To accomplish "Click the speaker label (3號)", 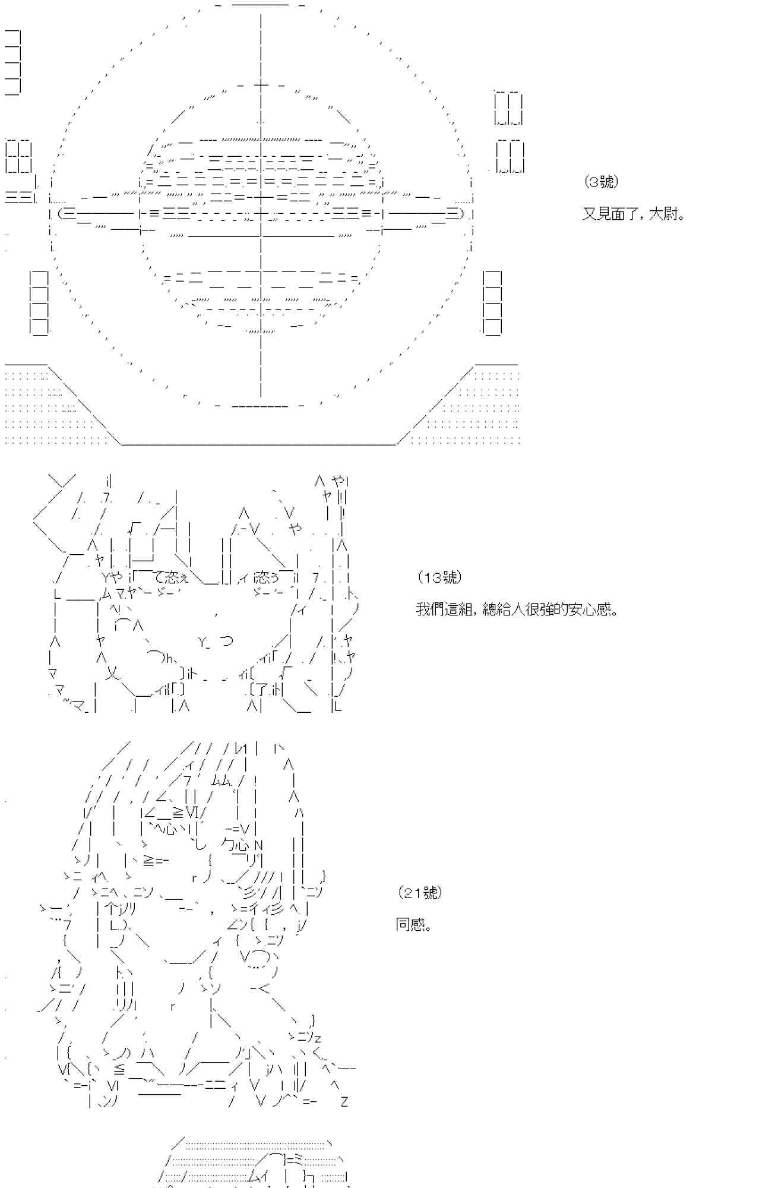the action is [601, 182].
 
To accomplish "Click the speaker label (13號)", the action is [439, 577].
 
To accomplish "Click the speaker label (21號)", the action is [420, 893].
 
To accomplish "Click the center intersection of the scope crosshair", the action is [261, 215].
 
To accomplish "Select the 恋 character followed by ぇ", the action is [172, 577].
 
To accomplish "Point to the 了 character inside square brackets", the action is [260, 690].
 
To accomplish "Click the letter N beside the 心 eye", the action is [258, 845].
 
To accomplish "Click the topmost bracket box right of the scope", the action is [508, 108].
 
